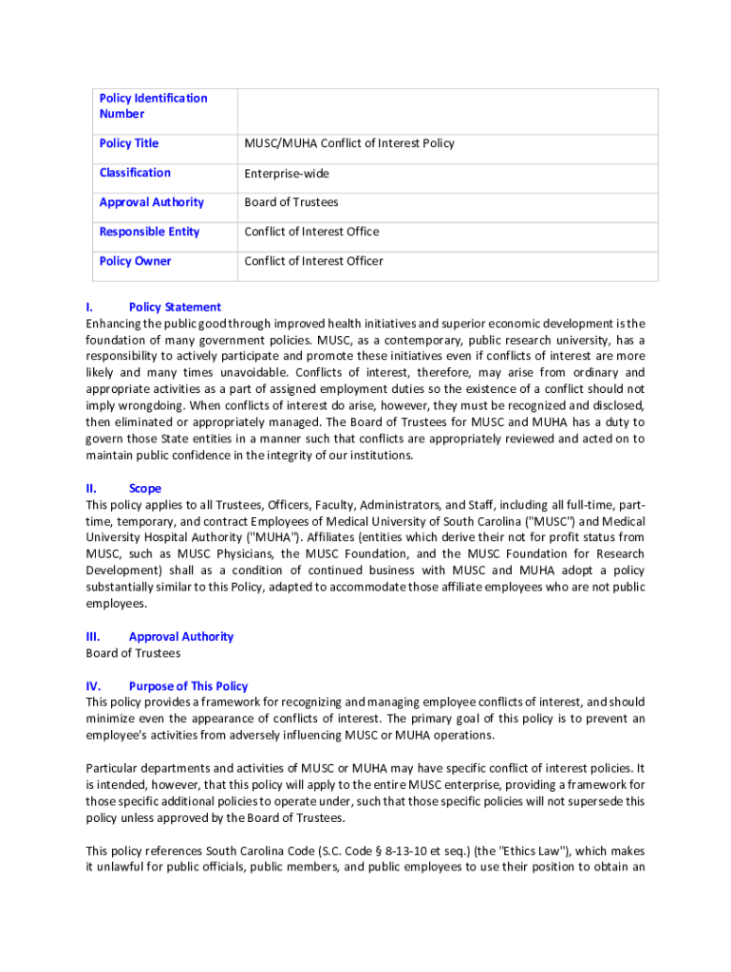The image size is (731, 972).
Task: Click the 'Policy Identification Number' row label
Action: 153,106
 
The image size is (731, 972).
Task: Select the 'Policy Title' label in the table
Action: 129,143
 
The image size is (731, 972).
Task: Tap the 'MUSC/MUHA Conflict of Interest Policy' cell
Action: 349,143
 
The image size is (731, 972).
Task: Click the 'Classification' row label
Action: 135,173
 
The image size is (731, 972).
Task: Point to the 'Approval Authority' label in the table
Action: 151,202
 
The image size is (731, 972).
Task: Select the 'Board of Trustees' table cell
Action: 291,202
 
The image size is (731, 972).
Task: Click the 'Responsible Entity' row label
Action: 149,232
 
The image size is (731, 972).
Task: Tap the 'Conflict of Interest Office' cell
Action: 311,232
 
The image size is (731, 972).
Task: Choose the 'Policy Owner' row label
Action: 135,261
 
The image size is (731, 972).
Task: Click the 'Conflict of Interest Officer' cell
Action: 313,261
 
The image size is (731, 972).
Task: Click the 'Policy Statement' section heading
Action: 175,308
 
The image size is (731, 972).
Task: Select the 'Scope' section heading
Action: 145,489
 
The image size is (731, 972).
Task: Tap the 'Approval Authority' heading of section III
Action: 180,637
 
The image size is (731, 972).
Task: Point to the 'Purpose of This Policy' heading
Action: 188,686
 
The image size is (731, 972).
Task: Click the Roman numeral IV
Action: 92,686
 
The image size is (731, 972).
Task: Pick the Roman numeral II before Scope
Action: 90,489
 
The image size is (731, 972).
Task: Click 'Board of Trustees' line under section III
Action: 133,653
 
